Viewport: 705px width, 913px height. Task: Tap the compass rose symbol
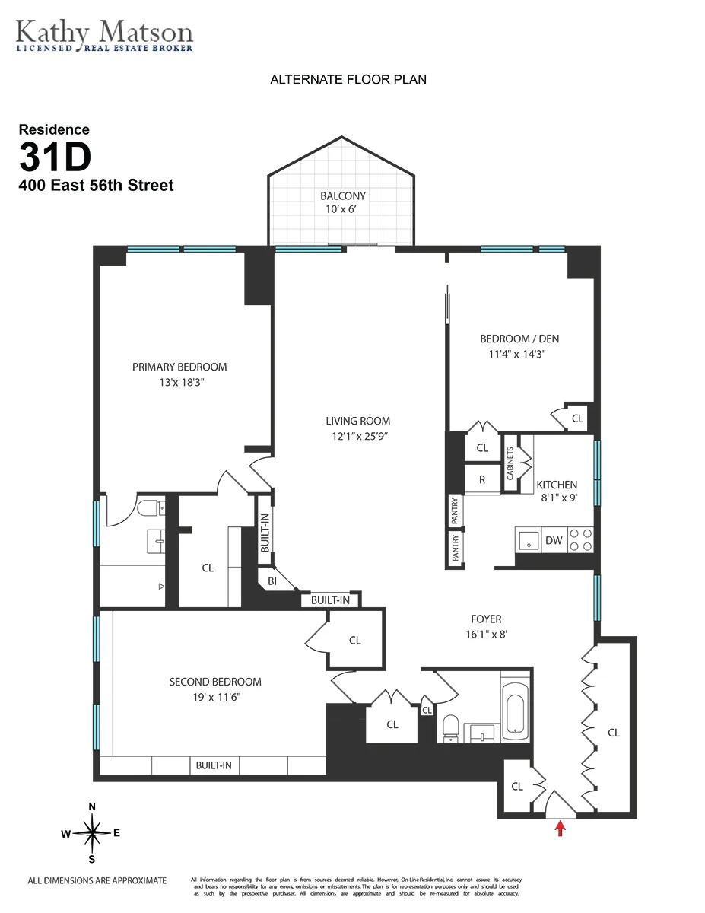(92, 833)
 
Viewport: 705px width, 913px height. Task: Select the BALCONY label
(343, 196)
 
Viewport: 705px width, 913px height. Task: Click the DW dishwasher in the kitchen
(554, 540)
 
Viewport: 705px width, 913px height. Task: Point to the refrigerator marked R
(482, 479)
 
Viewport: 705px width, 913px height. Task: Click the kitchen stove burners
(582, 540)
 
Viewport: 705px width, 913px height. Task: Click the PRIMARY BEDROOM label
(179, 367)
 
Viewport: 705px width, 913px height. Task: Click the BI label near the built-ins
(272, 581)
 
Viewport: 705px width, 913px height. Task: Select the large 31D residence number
(55, 157)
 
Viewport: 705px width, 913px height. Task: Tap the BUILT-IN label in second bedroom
(213, 765)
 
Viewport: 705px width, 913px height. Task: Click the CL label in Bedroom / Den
(577, 418)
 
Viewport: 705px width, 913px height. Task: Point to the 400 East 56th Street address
(97, 185)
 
